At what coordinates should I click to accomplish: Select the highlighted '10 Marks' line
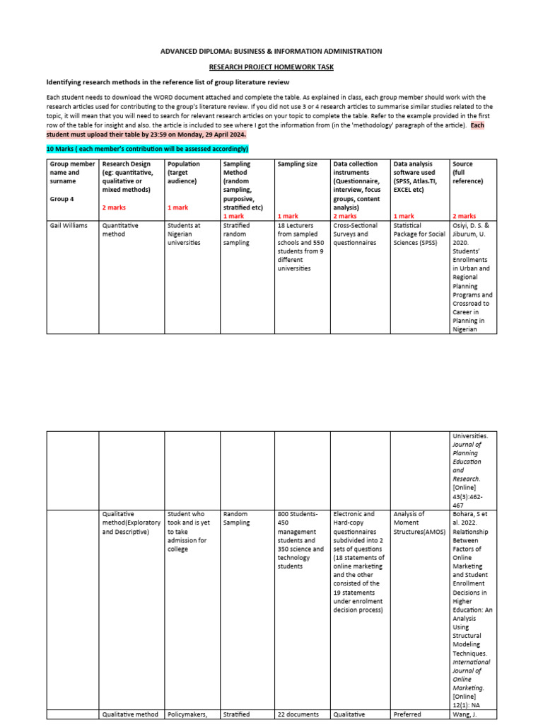pyautogui.click(x=147, y=149)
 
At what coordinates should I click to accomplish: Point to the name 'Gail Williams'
pyautogui.click(x=69, y=225)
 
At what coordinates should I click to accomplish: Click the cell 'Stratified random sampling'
pyautogui.click(x=239, y=234)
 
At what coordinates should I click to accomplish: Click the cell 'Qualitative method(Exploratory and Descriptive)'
pyautogui.click(x=131, y=523)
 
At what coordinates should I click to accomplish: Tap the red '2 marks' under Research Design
pyautogui.click(x=115, y=207)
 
